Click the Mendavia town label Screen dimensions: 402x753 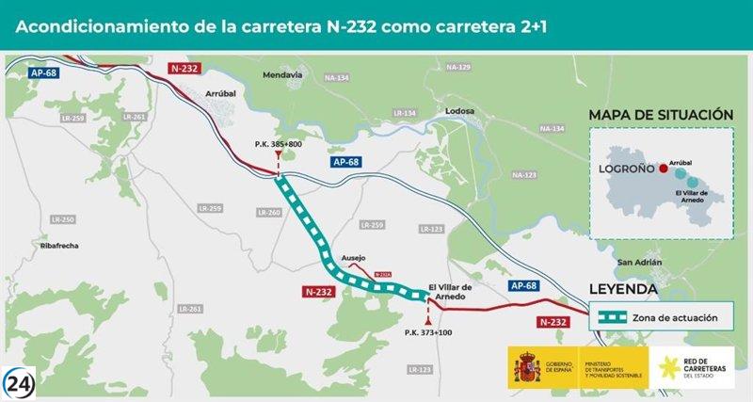click(283, 74)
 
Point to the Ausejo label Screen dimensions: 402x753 click(353, 257)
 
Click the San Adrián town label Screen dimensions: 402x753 click(639, 262)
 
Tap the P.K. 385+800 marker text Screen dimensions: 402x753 click(279, 143)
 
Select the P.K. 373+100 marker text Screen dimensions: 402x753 click(427, 331)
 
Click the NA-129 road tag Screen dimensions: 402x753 click(458, 67)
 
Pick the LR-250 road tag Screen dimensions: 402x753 click(62, 219)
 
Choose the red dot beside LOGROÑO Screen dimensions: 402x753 click(664, 169)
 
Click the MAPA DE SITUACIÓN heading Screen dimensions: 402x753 click(661, 114)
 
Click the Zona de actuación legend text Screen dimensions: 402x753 click(681, 317)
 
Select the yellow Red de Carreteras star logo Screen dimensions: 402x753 click(671, 367)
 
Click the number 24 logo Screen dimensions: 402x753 click(21, 380)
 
